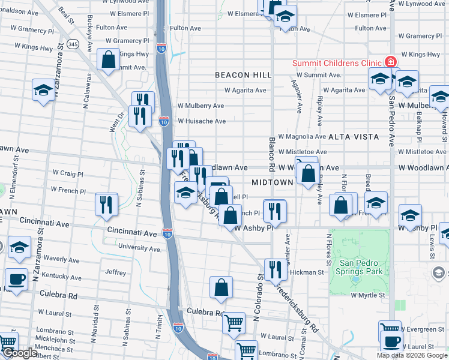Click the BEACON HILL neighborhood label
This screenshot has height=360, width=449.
pos(244,75)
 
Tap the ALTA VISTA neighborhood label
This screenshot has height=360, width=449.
pos(353,137)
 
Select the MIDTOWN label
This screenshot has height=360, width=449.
pos(272,182)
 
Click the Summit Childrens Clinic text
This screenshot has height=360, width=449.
pos(337,63)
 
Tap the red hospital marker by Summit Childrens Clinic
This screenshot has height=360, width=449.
pos(391,62)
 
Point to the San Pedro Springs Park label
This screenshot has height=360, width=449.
pos(361,268)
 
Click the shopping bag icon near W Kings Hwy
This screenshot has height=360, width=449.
pos(109,60)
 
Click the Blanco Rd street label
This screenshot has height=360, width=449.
pos(272,152)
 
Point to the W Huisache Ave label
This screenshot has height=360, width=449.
pos(201,121)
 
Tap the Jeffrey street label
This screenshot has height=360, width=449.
pos(116,272)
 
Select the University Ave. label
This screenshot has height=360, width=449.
pos(139,248)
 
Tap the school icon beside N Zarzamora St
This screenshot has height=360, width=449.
pos(43,89)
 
